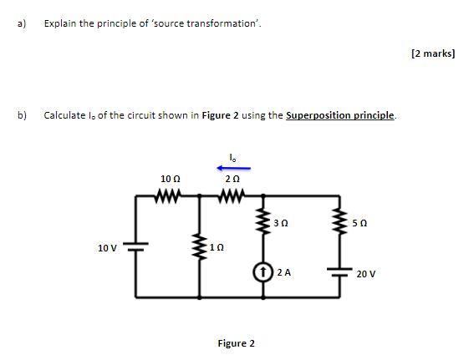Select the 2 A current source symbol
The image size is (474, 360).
pos(265,272)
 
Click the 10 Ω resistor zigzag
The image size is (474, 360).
pos(169,198)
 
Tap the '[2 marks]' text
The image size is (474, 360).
pos(433,53)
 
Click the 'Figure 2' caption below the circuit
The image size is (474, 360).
pos(237,343)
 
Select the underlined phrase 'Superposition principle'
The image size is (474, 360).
pos(340,115)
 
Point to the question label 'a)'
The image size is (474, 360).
pos(21,23)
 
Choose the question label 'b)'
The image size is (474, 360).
pos(21,115)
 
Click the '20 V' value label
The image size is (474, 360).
pos(367,273)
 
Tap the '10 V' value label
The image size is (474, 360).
pos(107,248)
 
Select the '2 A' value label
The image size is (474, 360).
pos(283,272)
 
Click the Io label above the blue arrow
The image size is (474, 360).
pos(233,155)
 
